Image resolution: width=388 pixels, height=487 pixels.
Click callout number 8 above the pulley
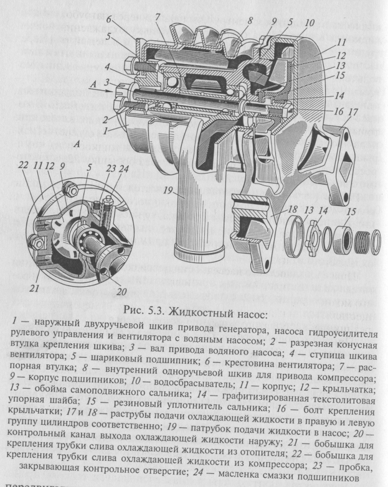[250, 20]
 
